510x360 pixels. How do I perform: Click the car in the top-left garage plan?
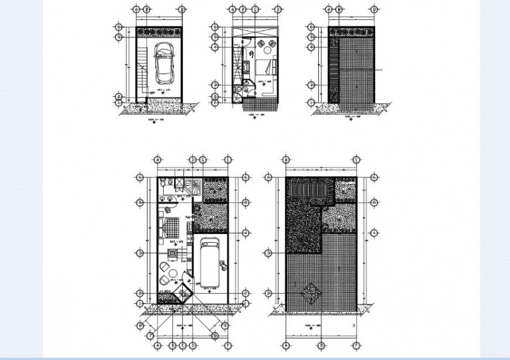pyautogui.click(x=164, y=64)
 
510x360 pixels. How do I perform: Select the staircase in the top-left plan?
pyautogui.click(x=142, y=66)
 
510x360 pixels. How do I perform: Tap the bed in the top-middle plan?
pyautogui.click(x=263, y=66)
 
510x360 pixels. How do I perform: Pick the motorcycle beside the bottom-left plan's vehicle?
pyautogui.click(x=222, y=264)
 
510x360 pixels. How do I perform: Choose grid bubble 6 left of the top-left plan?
pyautogui.click(x=119, y=27)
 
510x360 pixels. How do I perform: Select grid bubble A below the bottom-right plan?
pyautogui.click(x=286, y=345)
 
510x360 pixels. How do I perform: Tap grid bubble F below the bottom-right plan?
pyautogui.click(x=356, y=345)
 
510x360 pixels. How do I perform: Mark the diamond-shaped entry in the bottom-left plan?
pyautogui.click(x=185, y=293)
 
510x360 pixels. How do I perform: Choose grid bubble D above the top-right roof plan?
pyautogui.click(x=373, y=10)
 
